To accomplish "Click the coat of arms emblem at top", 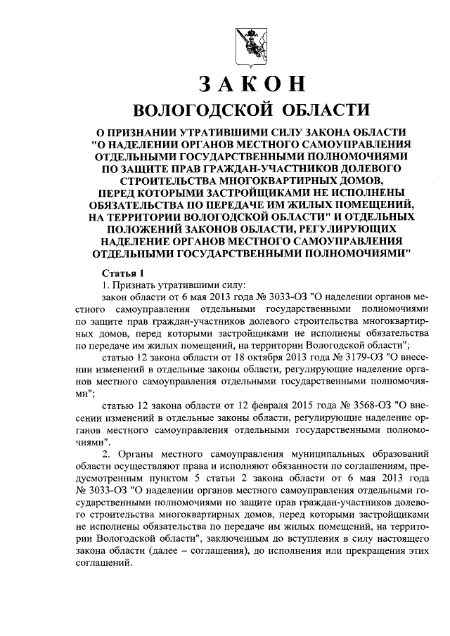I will tap(250, 41).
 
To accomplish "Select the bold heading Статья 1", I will tap(123, 273).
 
